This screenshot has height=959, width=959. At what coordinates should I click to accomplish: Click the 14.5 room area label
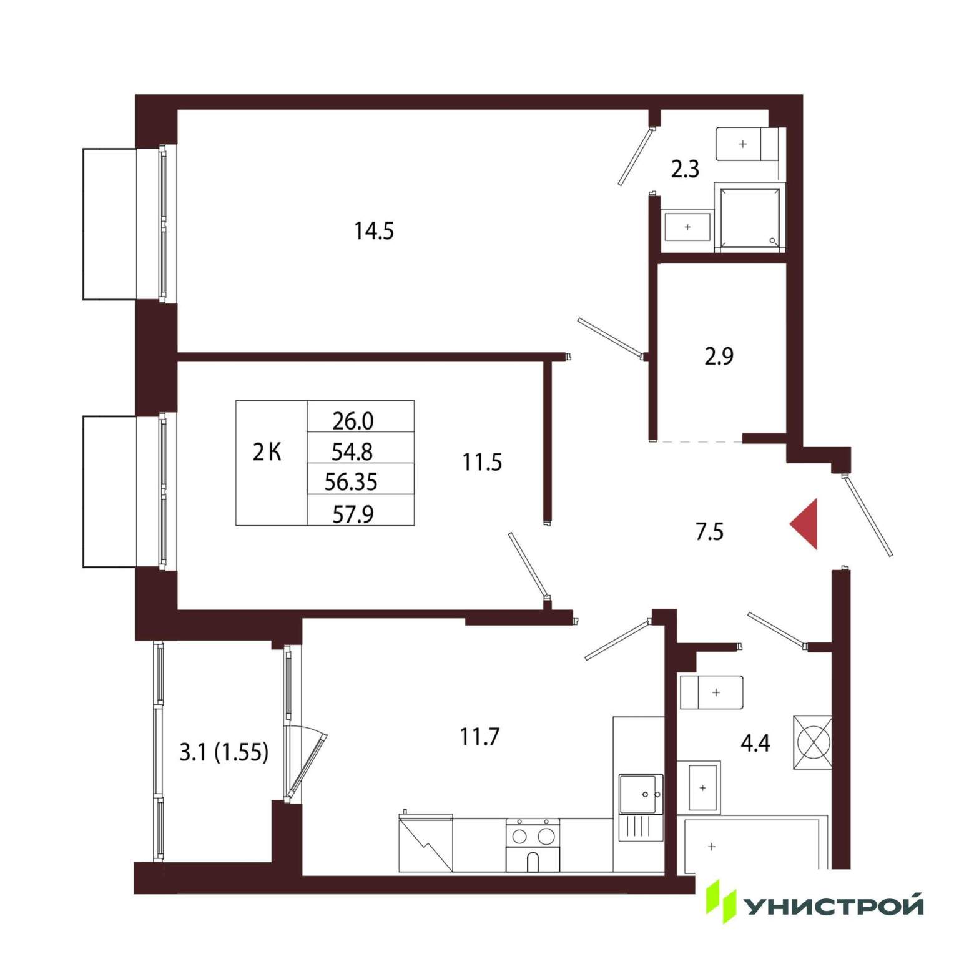pos(374,231)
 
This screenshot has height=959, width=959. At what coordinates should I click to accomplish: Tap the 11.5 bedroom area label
pos(482,462)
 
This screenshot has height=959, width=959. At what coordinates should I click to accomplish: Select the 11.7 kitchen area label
pos(480,737)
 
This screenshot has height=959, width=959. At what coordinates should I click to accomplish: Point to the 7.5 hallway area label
pos(709,532)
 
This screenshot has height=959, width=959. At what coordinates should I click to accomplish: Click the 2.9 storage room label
pos(719,356)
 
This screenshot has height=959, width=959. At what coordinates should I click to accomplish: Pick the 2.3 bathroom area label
pos(685,169)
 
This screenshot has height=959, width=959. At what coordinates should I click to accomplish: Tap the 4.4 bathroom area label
pos(755,743)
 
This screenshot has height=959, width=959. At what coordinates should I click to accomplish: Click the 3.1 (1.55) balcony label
pos(224,752)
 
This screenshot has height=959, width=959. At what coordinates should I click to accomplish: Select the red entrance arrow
pos(804,524)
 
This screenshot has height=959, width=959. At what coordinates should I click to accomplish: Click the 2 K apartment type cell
pos(267,451)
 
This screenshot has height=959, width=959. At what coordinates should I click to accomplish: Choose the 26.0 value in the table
pos(353,421)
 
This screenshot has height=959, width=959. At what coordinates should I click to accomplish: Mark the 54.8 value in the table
pos(353,451)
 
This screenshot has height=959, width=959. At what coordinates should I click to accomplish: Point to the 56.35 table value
pos(351,482)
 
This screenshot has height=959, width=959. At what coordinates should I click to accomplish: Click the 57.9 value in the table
pos(353,514)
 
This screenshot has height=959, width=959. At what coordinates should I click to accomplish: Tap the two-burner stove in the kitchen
pos(533,845)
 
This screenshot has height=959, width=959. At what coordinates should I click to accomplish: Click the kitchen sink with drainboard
pos(641,808)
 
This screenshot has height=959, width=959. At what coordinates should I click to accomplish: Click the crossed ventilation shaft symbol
pos(812,742)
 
